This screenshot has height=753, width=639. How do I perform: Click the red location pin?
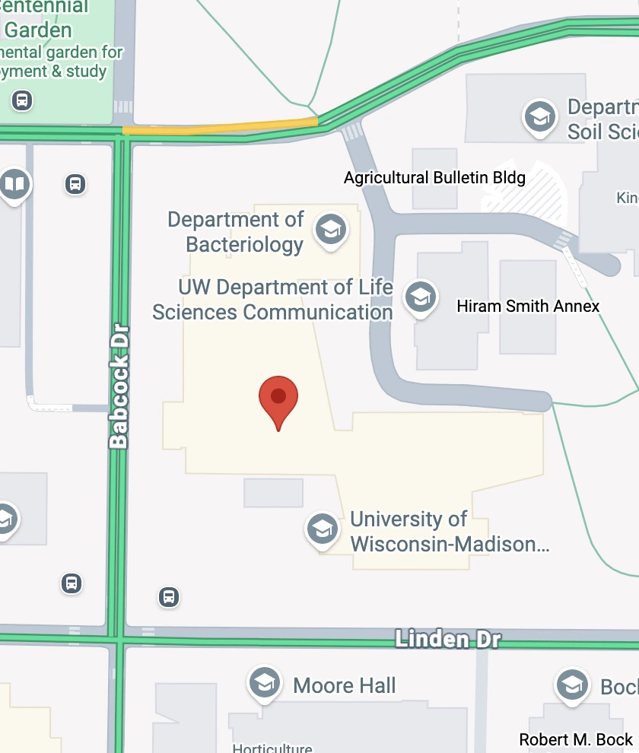(x=278, y=399)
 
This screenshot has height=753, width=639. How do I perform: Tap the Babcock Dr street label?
(x=119, y=386)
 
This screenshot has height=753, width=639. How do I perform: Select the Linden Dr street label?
(x=447, y=640)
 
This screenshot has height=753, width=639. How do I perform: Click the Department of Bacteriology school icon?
(x=331, y=228)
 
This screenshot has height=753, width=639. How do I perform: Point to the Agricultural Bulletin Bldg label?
(x=434, y=178)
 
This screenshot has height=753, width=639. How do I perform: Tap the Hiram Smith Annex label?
(x=528, y=307)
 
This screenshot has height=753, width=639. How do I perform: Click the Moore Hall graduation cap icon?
(x=264, y=683)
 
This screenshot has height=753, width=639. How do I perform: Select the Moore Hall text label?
(x=344, y=685)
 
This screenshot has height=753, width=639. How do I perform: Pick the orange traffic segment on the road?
(x=220, y=127)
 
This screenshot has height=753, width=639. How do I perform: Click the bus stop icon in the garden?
(x=22, y=100)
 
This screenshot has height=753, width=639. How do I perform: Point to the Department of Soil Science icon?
(x=539, y=116)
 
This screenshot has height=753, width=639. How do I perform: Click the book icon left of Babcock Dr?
(x=14, y=183)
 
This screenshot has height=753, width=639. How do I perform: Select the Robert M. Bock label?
(x=576, y=739)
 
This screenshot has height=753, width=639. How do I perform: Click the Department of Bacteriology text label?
(x=236, y=232)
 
